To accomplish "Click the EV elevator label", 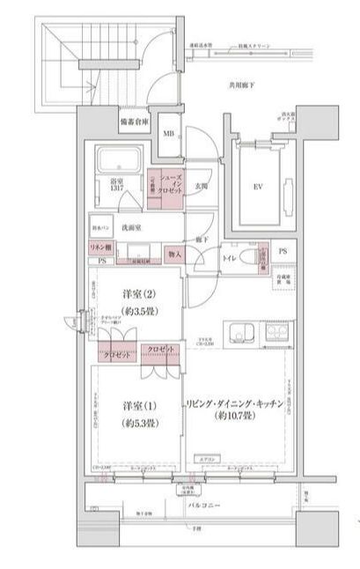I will [258, 187].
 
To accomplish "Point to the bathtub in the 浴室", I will [120, 161].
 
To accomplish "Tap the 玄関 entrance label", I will [201, 186].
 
